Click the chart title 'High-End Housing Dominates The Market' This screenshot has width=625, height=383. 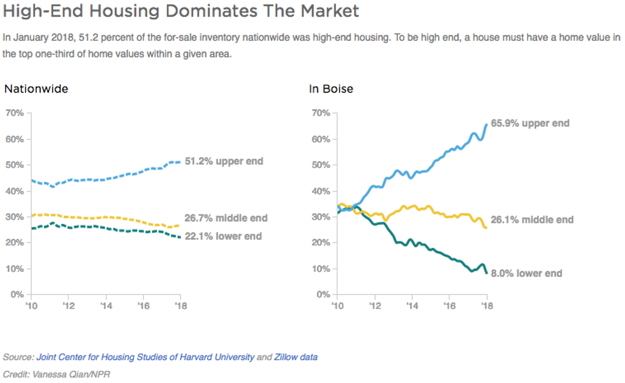(181, 11)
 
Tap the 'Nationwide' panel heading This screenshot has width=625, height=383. (36, 89)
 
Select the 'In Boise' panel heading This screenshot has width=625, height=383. (331, 89)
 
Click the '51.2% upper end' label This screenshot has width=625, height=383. (223, 161)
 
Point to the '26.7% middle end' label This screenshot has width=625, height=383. (226, 218)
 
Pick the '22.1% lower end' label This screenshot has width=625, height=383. (223, 236)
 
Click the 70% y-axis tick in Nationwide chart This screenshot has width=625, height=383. (14, 113)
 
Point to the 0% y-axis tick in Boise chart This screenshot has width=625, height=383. (322, 295)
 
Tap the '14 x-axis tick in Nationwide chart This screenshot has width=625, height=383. (107, 305)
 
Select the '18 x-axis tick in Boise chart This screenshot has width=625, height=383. (487, 305)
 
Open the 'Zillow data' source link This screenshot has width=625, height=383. (296, 357)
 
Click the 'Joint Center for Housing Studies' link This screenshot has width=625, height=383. (145, 357)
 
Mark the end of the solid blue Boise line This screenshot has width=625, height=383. (487, 124)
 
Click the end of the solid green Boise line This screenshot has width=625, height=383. (487, 273)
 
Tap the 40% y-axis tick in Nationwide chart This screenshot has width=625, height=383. (14, 191)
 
